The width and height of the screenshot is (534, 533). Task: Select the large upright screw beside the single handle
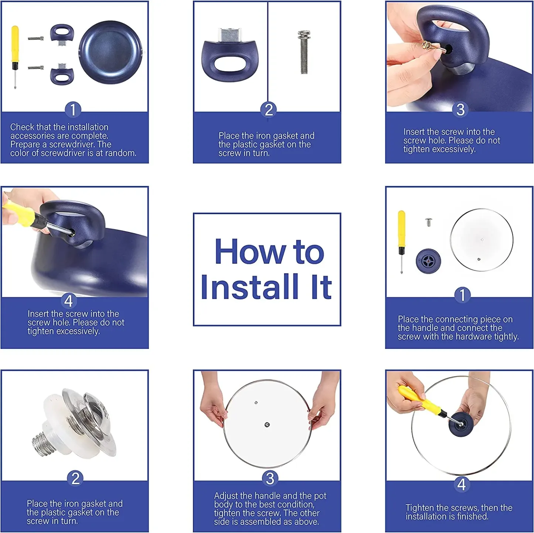304,52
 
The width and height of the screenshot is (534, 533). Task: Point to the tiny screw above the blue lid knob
429,222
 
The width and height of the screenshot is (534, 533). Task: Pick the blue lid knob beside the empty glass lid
428,261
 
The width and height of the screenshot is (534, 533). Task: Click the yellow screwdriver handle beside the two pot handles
15,44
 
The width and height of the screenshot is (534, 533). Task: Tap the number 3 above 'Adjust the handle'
270,478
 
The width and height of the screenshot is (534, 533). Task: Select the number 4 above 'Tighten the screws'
462,484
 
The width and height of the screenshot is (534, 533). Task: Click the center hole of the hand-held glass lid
267,425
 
